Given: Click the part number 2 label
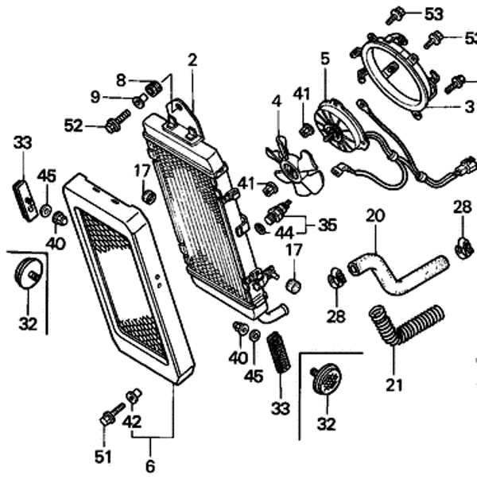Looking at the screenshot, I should point(192,60).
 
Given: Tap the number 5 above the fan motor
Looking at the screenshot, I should point(325,59).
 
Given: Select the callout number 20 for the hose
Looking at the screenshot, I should point(374,215).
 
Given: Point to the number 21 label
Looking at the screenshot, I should point(394,386).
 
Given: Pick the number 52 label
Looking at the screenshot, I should point(74,124).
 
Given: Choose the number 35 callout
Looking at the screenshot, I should point(328,225).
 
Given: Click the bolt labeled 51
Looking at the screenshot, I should point(110,415).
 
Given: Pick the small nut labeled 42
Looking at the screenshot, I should point(134,396).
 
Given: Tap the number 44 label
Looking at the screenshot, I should point(284,234).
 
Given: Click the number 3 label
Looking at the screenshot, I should point(470,106).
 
